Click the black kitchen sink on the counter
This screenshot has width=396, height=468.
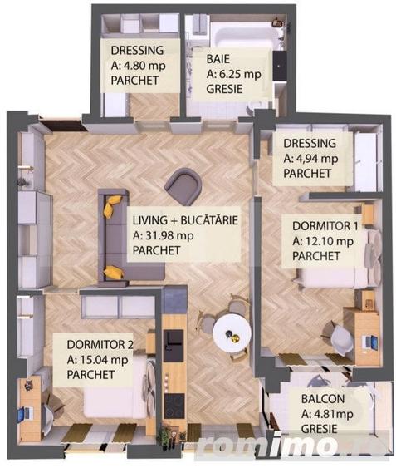click(x=174, y=337)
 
